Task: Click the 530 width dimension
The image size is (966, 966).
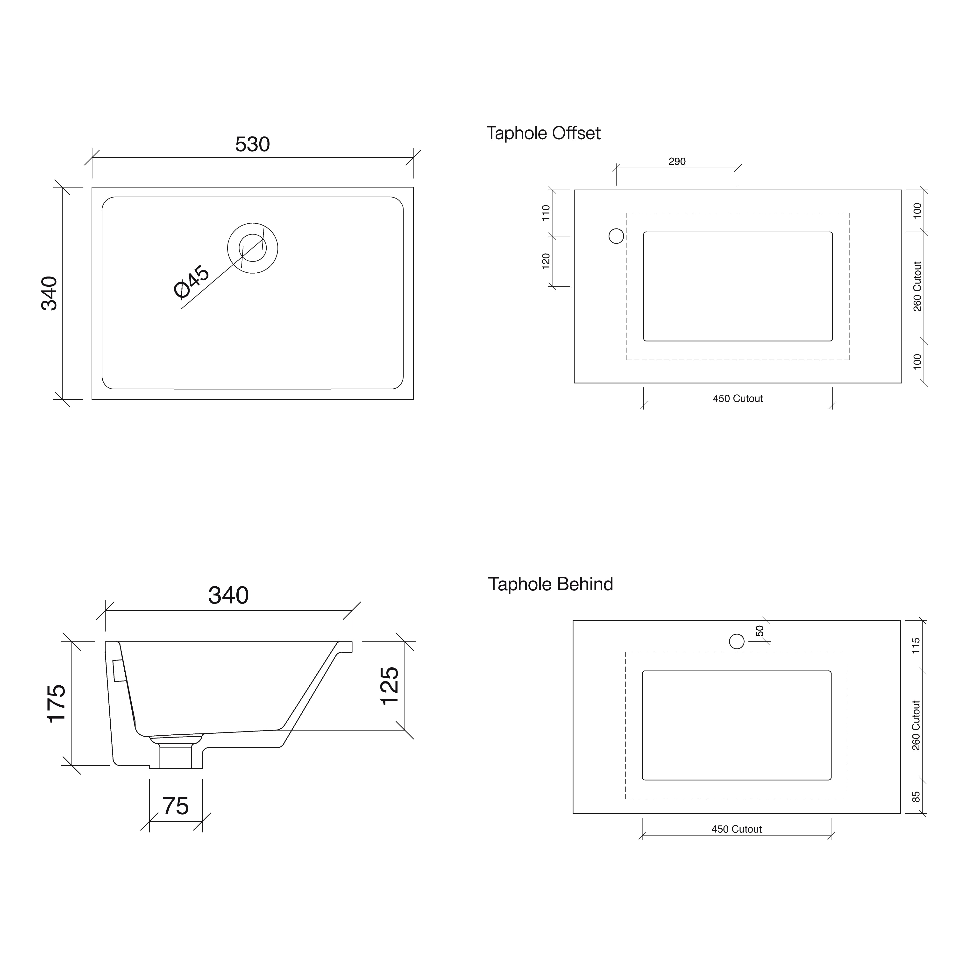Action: point(253,144)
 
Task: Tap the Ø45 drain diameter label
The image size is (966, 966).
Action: point(192,282)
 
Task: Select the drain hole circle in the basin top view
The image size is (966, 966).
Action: point(253,248)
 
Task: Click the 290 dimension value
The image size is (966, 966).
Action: point(677,162)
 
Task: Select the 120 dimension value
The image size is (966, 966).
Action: point(546,261)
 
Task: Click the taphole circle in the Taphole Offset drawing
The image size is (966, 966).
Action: point(616,236)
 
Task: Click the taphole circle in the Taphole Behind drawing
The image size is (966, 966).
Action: point(737,641)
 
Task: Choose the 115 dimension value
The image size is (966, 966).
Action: point(916,646)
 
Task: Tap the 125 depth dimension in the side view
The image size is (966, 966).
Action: point(390,686)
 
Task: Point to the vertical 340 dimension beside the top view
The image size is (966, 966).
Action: point(50,293)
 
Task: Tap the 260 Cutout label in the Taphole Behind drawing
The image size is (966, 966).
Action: point(916,725)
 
